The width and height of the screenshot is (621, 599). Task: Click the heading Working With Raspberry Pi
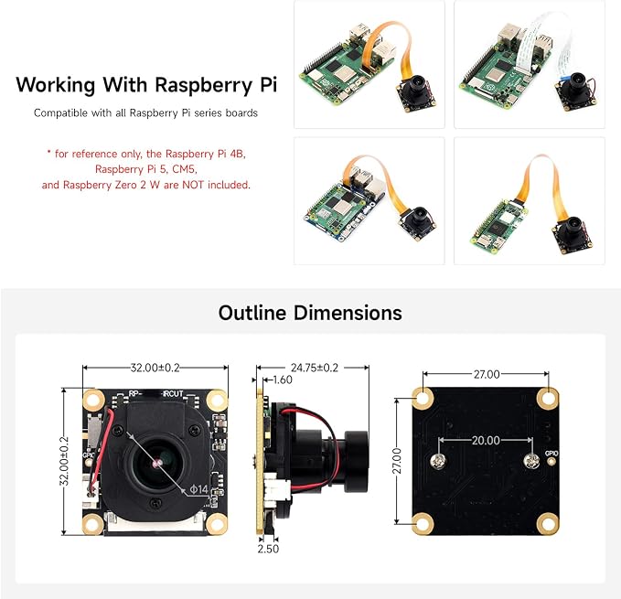(x=146, y=85)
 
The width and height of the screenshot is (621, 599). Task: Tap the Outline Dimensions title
(x=310, y=313)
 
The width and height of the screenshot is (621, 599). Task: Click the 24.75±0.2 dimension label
(x=315, y=368)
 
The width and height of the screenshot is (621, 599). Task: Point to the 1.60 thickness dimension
(x=283, y=380)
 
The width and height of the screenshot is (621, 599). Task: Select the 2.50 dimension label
(x=268, y=549)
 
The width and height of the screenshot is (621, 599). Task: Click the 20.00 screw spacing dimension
(x=486, y=440)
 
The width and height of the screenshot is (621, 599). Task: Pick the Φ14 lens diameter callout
(x=198, y=489)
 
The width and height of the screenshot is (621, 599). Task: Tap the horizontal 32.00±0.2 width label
(x=155, y=368)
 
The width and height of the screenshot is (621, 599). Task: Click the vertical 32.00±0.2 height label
(x=64, y=461)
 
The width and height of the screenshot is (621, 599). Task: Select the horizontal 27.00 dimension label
(x=487, y=374)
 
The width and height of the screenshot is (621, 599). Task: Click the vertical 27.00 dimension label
(x=397, y=461)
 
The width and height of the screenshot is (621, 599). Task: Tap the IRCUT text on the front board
(x=173, y=393)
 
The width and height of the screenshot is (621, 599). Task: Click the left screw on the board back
(x=438, y=461)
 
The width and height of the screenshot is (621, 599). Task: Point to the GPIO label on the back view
(x=551, y=454)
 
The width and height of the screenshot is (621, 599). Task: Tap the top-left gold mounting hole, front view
(x=93, y=399)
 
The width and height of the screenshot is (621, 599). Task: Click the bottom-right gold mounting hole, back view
(x=548, y=523)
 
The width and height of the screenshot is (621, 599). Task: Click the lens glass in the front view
(x=156, y=463)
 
